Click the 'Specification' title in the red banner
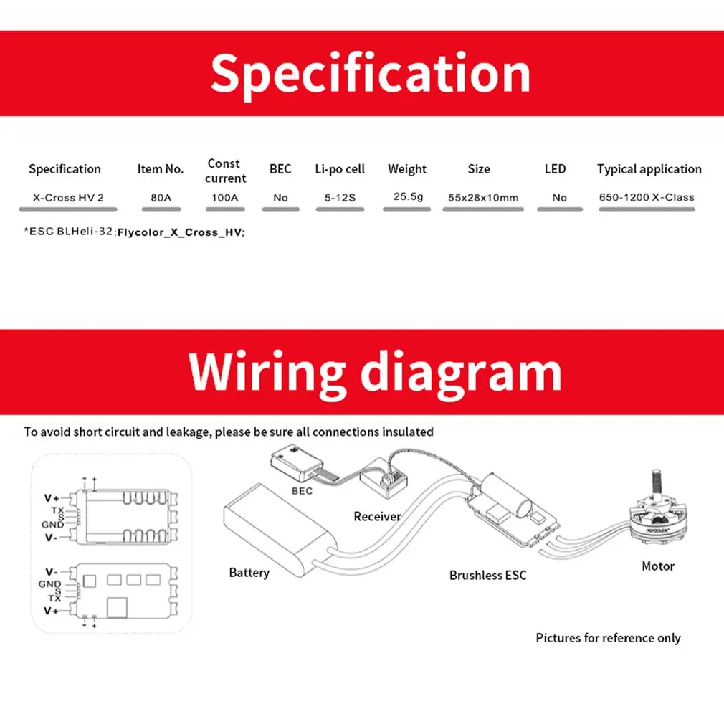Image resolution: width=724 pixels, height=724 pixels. [370, 73]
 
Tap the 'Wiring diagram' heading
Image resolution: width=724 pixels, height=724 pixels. [375, 372]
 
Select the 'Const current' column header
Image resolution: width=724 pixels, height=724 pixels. [224, 171]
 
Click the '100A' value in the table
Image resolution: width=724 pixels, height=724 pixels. [225, 197]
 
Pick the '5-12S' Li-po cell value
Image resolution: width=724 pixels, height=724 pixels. [340, 197]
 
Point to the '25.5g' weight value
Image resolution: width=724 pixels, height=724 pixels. [408, 196]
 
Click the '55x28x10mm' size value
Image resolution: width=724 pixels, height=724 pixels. [483, 197]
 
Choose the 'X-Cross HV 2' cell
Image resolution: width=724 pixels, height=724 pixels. [66, 197]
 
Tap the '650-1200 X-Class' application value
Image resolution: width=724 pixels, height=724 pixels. [647, 197]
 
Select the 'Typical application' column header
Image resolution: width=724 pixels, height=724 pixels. [649, 169]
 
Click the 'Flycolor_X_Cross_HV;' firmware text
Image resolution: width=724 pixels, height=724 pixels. [181, 232]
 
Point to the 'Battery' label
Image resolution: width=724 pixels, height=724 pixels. [249, 573]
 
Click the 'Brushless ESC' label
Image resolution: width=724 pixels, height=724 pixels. [487, 575]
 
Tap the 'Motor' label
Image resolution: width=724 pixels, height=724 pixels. [658, 566]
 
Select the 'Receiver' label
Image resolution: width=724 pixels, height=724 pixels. [377, 516]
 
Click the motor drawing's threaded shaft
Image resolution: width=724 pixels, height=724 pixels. [654, 483]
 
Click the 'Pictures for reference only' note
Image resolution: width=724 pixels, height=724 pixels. [608, 638]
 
